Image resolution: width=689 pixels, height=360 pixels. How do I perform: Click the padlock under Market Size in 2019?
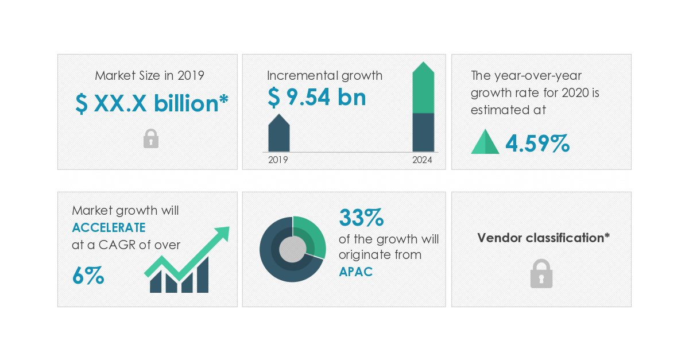(151, 138)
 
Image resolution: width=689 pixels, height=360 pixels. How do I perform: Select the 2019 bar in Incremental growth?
(278, 134)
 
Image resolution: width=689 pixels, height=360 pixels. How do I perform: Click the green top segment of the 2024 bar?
(423, 89)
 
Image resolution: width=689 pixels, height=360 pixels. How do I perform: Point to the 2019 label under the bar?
(278, 160)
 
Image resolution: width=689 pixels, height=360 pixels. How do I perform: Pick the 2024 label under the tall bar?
(422, 160)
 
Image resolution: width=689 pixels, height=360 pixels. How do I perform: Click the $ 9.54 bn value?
(316, 97)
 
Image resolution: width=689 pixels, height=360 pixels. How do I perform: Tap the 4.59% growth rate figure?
(537, 144)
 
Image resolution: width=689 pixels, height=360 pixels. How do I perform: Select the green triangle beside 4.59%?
(485, 142)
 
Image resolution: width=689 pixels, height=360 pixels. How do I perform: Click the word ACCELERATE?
(109, 227)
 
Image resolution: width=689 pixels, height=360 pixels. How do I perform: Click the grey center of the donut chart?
(293, 249)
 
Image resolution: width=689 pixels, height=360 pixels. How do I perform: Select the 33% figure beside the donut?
(361, 218)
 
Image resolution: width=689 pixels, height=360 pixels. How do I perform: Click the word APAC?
(355, 272)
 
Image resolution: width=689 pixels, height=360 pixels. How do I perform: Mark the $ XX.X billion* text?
(152, 104)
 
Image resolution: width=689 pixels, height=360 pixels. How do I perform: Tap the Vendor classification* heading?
(543, 238)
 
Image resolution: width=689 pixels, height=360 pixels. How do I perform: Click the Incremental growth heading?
(324, 75)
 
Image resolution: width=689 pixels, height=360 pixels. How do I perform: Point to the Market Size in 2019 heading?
(149, 75)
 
